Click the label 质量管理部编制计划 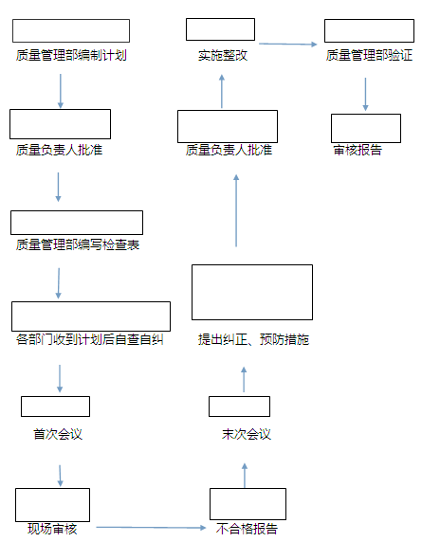click(71, 55)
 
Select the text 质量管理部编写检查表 click(78, 244)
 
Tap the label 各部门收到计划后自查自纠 click(90, 339)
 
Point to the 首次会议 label click(58, 434)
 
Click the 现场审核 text click(52, 529)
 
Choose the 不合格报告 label click(247, 529)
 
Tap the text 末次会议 click(247, 434)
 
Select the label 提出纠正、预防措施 click(254, 339)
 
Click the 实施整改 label click(223, 55)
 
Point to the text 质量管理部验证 click(369, 55)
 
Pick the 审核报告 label click(358, 150)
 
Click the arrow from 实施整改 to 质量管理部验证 click(288, 44)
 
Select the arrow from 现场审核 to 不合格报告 click(151, 527)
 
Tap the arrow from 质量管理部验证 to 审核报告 click(365, 94)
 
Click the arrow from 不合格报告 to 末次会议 click(245, 476)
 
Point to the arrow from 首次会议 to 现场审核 click(60, 476)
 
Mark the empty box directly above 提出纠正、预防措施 click(252, 292)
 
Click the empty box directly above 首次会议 click(55, 406)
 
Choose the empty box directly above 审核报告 click(366, 128)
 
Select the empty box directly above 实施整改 click(220, 29)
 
